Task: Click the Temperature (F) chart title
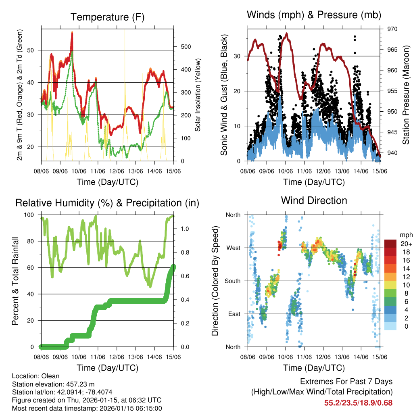coord(107,17)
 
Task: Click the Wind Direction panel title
coord(314,200)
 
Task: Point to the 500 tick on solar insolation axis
coord(185,47)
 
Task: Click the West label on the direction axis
coord(233,248)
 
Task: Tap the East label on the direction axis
coord(234,314)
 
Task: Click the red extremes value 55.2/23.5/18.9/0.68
coord(358,403)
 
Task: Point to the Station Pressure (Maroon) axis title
coord(406,95)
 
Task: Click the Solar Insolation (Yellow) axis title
coord(198,95)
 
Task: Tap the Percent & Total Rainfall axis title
coord(15,281)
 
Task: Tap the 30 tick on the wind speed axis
coord(237,56)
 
